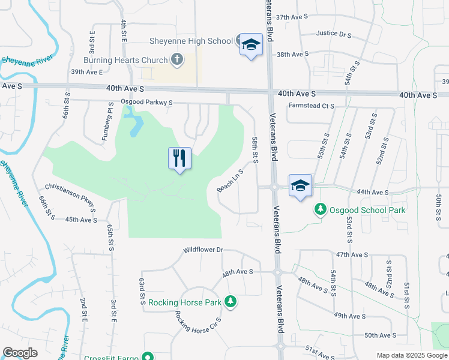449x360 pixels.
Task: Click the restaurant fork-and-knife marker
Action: point(179,158)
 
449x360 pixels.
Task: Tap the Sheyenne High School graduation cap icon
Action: point(251,44)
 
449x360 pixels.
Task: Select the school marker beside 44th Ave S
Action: point(300,185)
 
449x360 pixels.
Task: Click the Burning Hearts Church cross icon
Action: point(176,59)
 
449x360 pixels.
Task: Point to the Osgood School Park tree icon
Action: point(321,209)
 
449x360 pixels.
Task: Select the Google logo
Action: point(20,353)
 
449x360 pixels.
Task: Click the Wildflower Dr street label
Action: point(203,250)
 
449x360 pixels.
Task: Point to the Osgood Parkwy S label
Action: point(146,103)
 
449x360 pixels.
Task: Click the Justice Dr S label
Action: point(333,34)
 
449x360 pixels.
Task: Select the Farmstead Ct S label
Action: point(310,106)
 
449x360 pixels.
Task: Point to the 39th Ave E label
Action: point(87,72)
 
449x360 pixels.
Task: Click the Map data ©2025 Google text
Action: point(412,355)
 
